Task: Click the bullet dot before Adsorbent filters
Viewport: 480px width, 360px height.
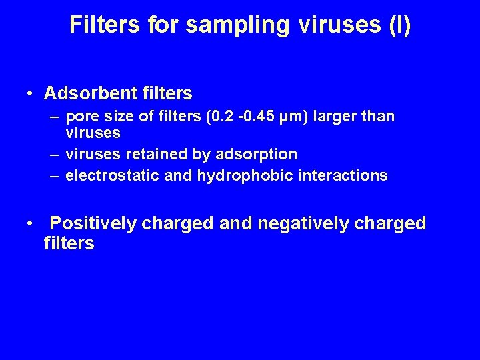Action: [x=31, y=93]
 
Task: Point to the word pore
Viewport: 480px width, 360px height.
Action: [x=83, y=117]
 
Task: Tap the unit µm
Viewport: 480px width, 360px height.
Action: [x=285, y=117]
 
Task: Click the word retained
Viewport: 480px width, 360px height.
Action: [x=155, y=154]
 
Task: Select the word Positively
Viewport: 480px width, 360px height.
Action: [x=93, y=223]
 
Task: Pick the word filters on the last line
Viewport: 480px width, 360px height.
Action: [x=69, y=243]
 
